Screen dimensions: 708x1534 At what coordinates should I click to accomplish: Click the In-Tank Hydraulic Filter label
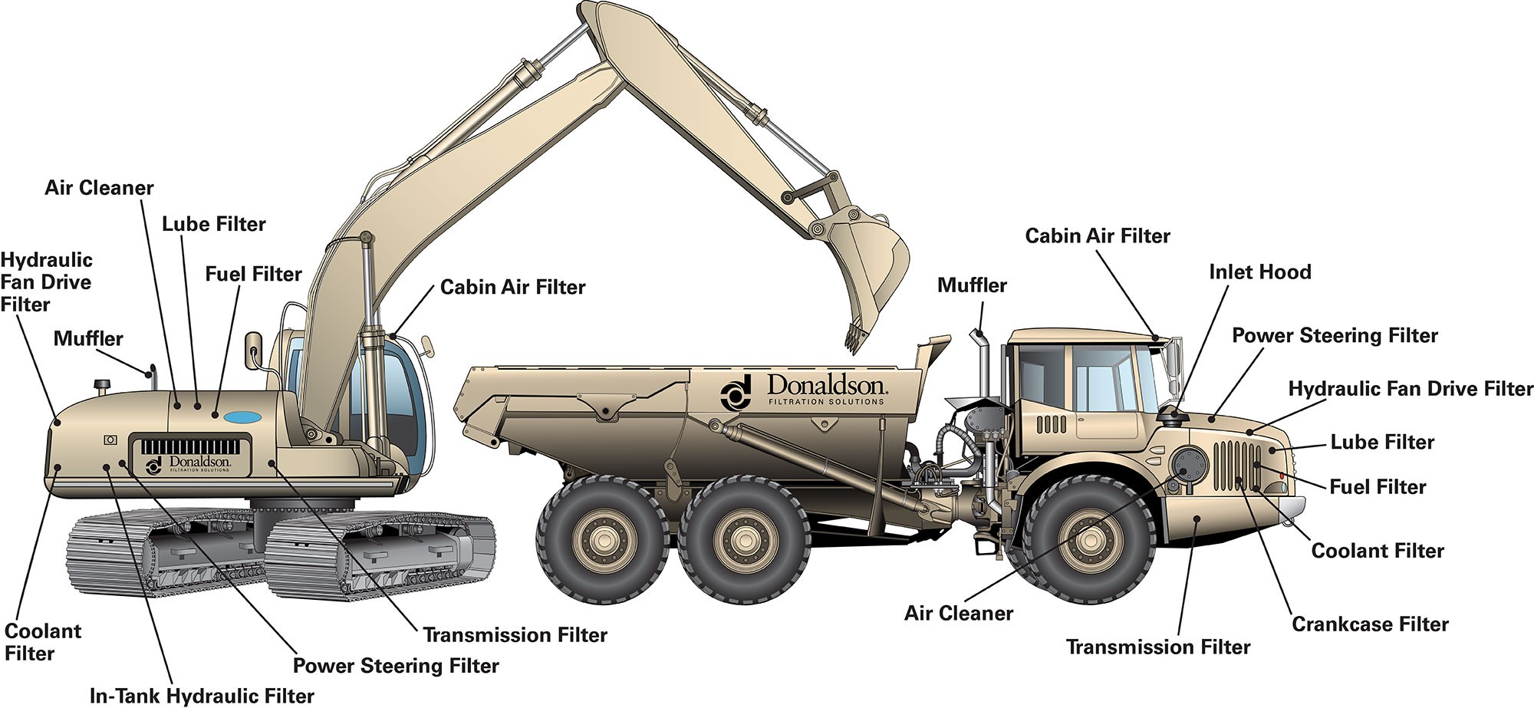pos(202,696)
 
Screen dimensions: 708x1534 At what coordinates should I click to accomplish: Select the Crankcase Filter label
pos(1370,624)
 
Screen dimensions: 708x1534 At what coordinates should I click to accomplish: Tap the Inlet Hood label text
pos(1259,272)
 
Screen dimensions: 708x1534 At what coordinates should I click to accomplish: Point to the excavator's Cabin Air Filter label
pos(512,288)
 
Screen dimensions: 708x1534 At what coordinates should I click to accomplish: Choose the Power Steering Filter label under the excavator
pos(396,666)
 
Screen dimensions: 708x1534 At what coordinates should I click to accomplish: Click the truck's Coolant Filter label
pos(1378,551)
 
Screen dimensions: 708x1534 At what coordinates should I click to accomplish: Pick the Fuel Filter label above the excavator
pos(253,275)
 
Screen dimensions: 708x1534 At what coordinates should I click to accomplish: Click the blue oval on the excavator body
pos(242,417)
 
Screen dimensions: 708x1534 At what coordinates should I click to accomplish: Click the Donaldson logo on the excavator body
pos(188,463)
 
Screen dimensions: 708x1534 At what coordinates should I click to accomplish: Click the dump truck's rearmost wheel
pos(601,539)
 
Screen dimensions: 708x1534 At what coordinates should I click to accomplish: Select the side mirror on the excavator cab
pos(252,349)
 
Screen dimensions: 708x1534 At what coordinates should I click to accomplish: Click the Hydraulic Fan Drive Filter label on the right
pos(1410,390)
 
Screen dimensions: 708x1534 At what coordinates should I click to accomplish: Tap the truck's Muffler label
pos(972,286)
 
